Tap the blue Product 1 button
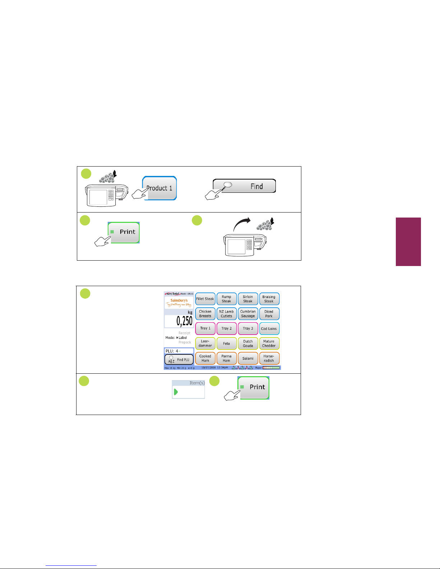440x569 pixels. [x=160, y=188]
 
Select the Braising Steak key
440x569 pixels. [x=269, y=299]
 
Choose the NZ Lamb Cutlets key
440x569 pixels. [x=226, y=314]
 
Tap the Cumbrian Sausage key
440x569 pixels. [x=248, y=314]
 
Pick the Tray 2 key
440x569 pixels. [x=226, y=328]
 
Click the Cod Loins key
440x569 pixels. [x=269, y=328]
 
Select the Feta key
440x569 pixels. [x=226, y=344]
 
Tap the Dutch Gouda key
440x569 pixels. [x=248, y=344]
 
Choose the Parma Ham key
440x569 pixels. [x=226, y=358]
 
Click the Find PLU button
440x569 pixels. [x=179, y=360]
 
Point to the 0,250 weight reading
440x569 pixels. [x=184, y=321]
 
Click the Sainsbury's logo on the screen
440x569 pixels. [x=179, y=302]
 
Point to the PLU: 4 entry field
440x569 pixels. [x=179, y=351]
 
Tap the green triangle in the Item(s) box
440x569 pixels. [x=176, y=392]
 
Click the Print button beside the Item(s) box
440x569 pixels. [x=254, y=387]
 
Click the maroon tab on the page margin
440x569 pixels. [x=408, y=242]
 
